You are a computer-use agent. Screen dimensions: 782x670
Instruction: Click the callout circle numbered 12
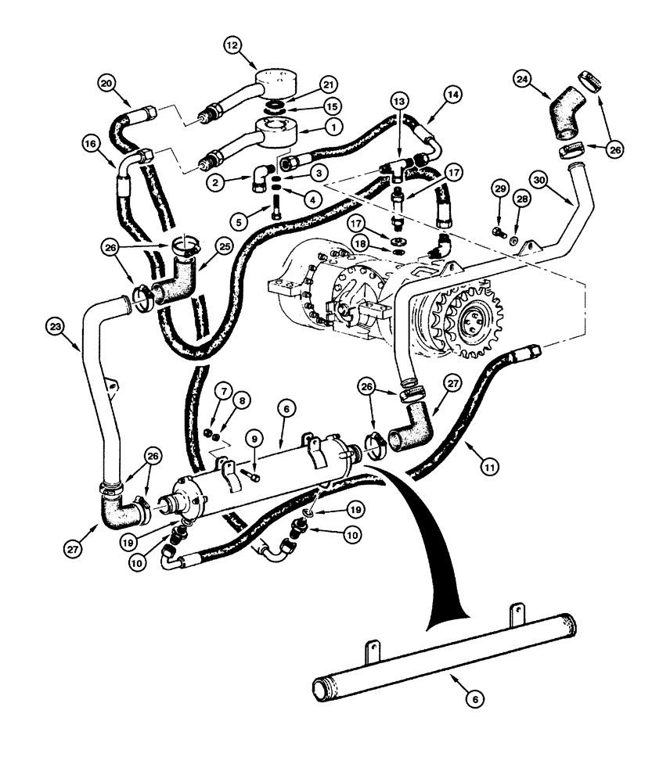pos(232,47)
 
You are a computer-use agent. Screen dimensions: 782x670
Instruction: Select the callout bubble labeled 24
pos(523,78)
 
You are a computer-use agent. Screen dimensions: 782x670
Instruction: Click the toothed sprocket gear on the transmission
pos(453,320)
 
